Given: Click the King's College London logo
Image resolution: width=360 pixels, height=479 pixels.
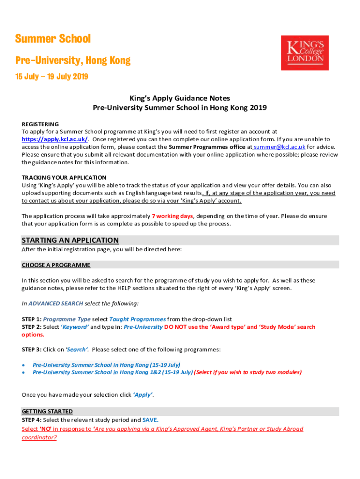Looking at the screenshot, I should tap(304, 52).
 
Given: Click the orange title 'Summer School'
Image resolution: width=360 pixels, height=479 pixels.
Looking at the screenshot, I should tap(53, 39).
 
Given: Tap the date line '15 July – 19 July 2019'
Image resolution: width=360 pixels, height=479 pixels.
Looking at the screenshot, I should tap(51, 77).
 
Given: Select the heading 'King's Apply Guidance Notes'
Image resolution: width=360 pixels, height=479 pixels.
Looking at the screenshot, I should tap(180, 98).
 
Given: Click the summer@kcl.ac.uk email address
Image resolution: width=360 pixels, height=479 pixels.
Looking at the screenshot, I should tap(279, 147).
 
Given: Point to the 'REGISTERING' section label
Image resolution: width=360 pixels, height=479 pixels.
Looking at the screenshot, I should tap(40, 124).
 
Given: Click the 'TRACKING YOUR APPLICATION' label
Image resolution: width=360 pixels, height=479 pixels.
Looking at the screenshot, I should tap(64, 178).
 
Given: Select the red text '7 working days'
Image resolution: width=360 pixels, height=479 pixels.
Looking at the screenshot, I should tap(172, 216).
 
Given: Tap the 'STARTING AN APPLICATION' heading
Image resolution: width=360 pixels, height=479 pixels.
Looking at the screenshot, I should tap(70, 240).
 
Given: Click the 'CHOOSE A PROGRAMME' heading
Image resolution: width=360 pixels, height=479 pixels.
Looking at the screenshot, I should tap(56, 265).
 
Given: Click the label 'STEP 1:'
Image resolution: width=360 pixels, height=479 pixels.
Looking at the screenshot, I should tap(32, 319).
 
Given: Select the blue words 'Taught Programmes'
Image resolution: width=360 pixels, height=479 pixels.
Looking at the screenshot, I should tap(137, 319).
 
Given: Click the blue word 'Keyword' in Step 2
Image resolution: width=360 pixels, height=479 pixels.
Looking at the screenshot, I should tap(75, 327).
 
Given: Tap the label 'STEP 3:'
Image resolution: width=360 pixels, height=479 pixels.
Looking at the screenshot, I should tap(32, 350).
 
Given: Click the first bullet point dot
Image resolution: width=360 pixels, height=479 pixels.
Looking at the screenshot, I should tap(23, 365).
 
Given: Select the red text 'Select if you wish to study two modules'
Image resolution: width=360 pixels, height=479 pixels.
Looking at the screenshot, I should tap(248, 372).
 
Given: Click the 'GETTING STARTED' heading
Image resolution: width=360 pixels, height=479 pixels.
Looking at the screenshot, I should tap(47, 412).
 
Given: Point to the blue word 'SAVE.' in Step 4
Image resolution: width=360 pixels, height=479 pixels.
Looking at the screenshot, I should tap(150, 420).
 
